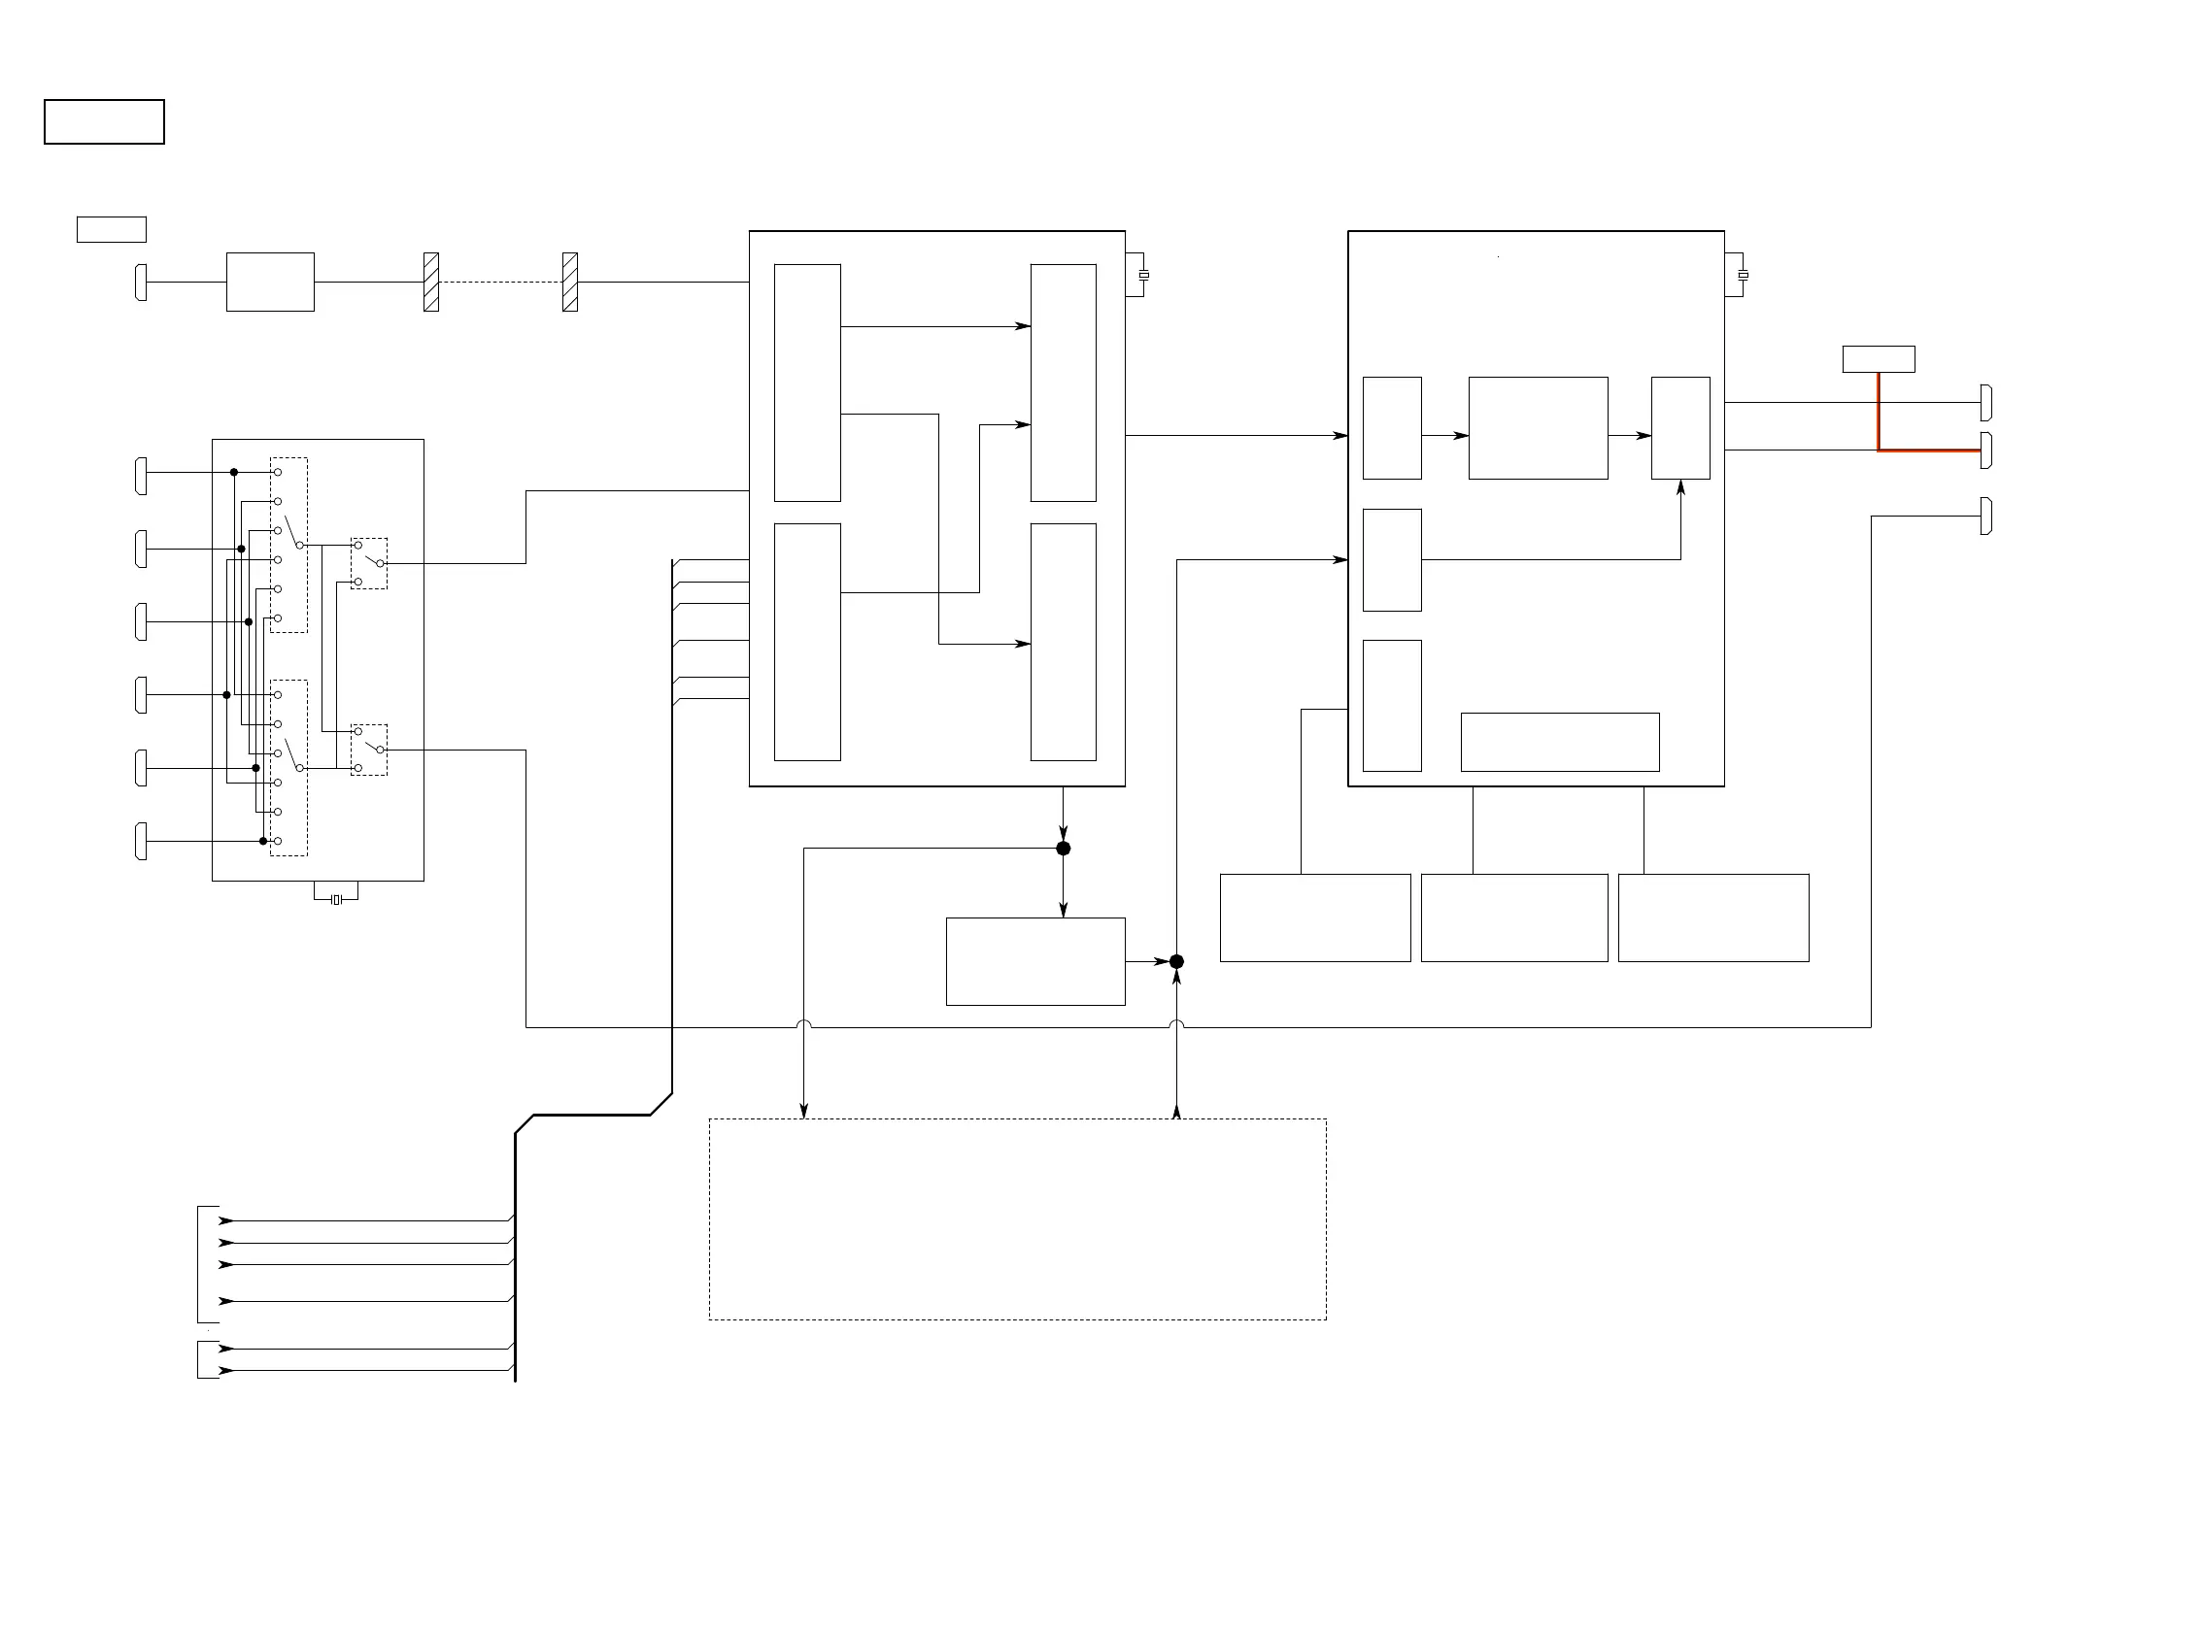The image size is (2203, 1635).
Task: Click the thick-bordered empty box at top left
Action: [104, 121]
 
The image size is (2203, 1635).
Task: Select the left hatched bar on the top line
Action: [430, 283]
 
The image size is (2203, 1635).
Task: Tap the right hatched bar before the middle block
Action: [569, 283]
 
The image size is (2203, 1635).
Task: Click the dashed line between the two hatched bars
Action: [500, 283]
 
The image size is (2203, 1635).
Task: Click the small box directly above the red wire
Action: [1879, 358]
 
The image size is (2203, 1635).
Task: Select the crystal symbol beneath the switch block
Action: [336, 899]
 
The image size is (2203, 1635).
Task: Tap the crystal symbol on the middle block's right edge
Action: [1143, 274]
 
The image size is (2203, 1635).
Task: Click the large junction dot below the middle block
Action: [1064, 849]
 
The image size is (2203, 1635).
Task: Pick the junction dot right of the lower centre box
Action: [1176, 961]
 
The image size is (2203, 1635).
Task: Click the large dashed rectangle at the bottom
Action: [1017, 1218]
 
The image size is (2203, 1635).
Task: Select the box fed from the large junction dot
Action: [1034, 961]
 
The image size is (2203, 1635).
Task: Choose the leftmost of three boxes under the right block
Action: [1315, 918]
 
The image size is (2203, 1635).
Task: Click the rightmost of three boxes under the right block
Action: [1712, 918]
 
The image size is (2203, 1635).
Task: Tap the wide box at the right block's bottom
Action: [1559, 742]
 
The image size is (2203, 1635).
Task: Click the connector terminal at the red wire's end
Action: [1985, 450]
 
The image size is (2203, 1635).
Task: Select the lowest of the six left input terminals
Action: [141, 841]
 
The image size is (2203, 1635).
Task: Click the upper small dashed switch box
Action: [368, 563]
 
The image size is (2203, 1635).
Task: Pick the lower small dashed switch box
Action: [368, 750]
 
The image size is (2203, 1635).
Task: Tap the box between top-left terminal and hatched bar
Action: [270, 283]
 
